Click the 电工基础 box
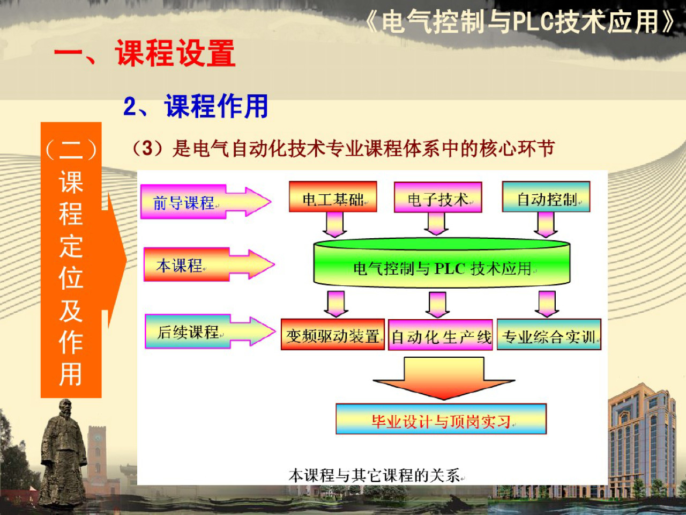[x=333, y=197]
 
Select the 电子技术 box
[x=438, y=197]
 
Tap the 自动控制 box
[x=546, y=197]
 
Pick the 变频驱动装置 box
[x=332, y=335]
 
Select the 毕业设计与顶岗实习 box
[x=441, y=420]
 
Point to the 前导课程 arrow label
[x=184, y=202]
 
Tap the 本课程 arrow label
[x=180, y=265]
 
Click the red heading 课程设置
[x=175, y=54]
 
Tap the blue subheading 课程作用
[x=217, y=106]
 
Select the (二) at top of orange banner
[x=71, y=149]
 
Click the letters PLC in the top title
[x=533, y=22]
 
